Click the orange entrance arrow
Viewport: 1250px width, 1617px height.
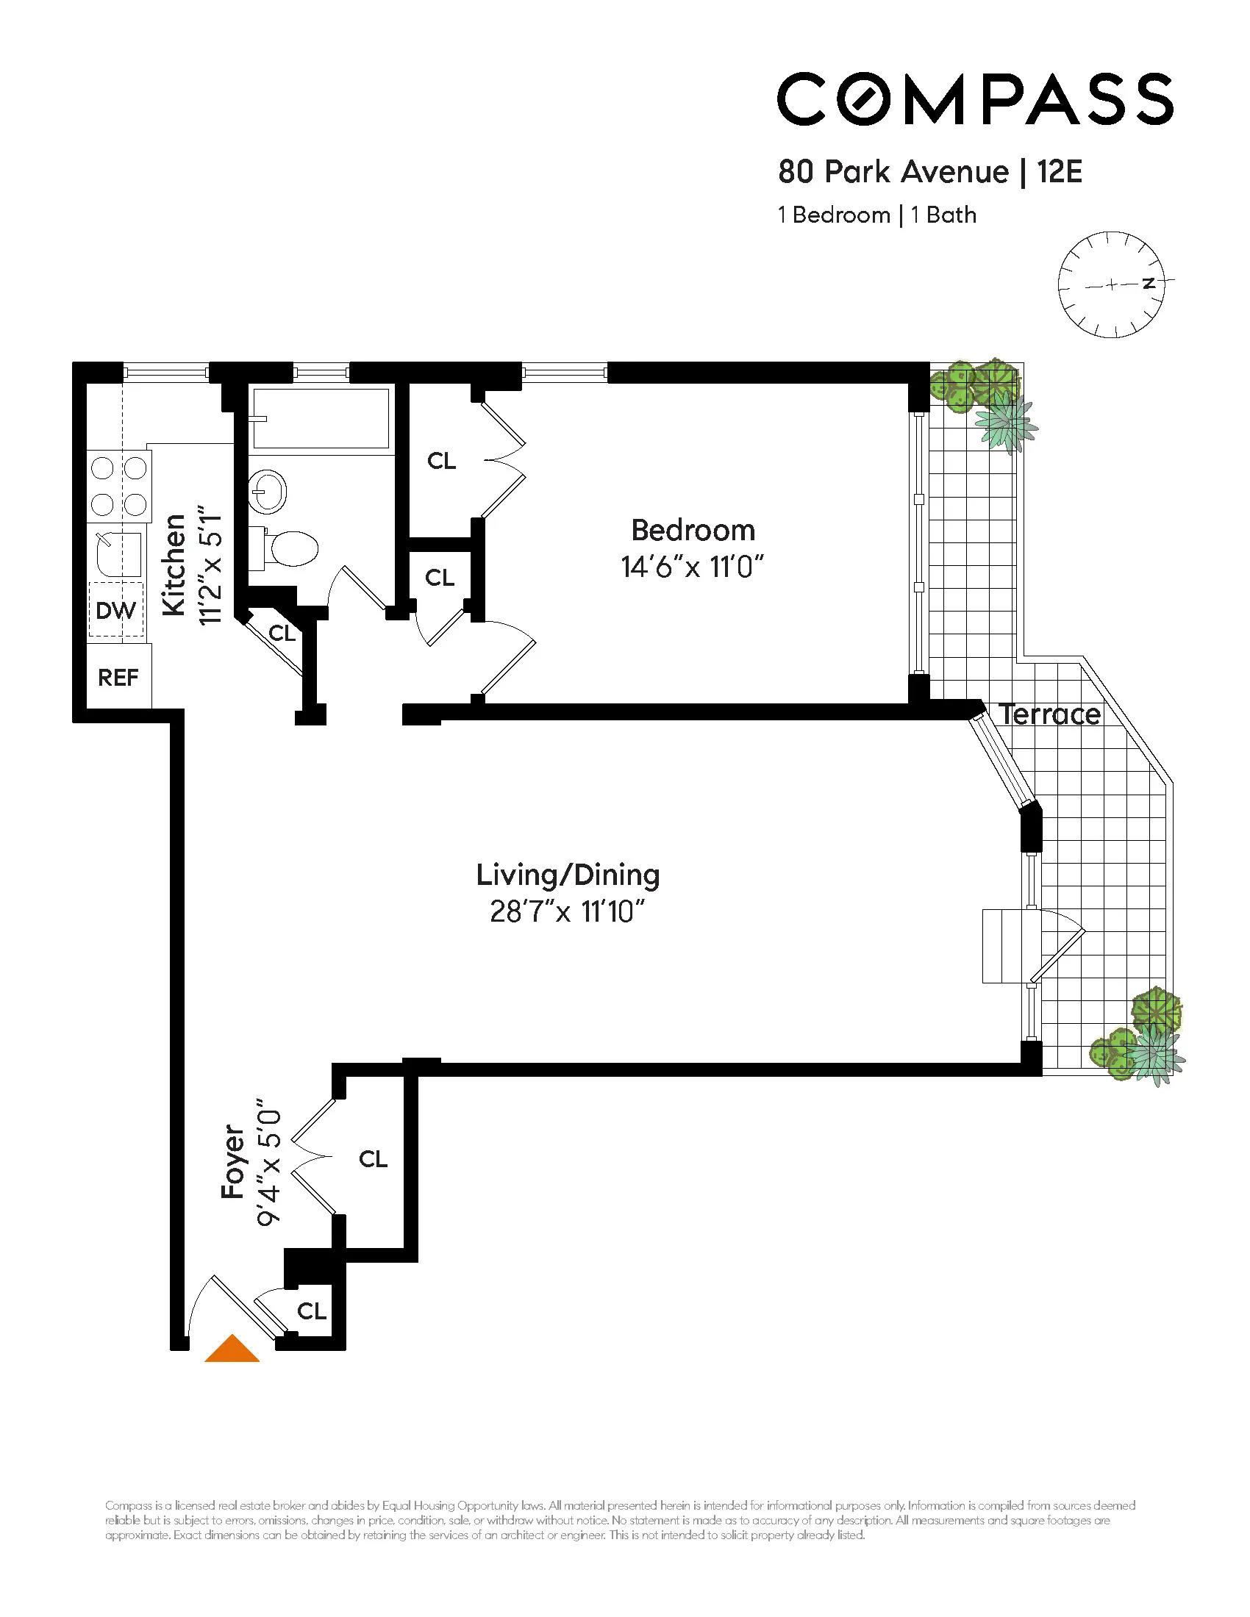tap(232, 1350)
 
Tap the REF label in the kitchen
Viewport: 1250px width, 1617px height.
tap(118, 678)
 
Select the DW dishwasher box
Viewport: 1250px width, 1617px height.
tap(116, 610)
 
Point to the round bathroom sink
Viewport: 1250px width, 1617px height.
tap(268, 491)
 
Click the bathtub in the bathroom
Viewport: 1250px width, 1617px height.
tap(321, 418)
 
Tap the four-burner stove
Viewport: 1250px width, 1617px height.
tap(118, 486)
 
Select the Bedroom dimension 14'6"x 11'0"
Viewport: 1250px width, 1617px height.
tap(693, 567)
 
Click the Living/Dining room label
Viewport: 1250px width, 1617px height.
tap(568, 875)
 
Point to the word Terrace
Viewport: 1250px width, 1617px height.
tap(1049, 715)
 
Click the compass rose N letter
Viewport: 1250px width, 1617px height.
tap(1149, 284)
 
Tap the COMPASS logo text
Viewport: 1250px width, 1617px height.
tap(974, 99)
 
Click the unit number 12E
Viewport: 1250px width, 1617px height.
tap(1060, 172)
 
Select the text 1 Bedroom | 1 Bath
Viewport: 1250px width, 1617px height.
tap(876, 215)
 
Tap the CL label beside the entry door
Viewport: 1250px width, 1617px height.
tap(312, 1311)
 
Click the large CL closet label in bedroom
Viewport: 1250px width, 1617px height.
tap(442, 462)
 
